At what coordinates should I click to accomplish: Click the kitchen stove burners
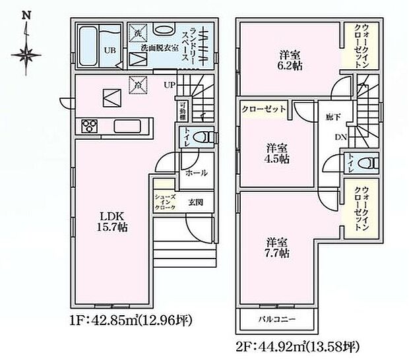tap(89, 125)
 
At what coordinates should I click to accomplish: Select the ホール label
tap(197, 173)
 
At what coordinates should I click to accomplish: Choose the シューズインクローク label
tap(165, 203)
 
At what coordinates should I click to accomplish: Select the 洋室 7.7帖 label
tap(279, 247)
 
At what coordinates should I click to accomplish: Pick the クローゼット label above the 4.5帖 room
tap(263, 108)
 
